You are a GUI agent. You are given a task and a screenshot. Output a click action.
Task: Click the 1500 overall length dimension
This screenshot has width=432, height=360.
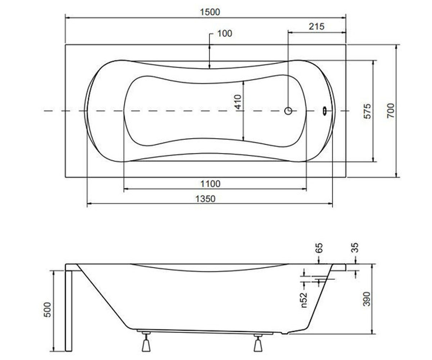click(x=210, y=12)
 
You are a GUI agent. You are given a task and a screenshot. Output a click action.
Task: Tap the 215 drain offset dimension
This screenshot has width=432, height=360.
click(x=316, y=27)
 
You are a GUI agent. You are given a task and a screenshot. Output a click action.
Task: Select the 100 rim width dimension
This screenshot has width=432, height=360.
click(x=225, y=33)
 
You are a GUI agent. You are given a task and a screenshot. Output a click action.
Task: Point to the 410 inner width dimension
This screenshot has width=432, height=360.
click(x=238, y=102)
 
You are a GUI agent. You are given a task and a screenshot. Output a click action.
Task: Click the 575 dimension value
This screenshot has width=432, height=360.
click(x=367, y=111)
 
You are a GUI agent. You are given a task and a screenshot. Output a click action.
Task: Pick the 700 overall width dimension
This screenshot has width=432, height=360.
click(x=391, y=111)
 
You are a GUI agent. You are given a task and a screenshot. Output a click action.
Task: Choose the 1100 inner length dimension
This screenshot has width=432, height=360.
click(x=210, y=184)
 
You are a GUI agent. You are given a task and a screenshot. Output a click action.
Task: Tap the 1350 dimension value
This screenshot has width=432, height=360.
click(x=205, y=199)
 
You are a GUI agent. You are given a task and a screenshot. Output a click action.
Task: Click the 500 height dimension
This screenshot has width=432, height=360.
click(x=48, y=310)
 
